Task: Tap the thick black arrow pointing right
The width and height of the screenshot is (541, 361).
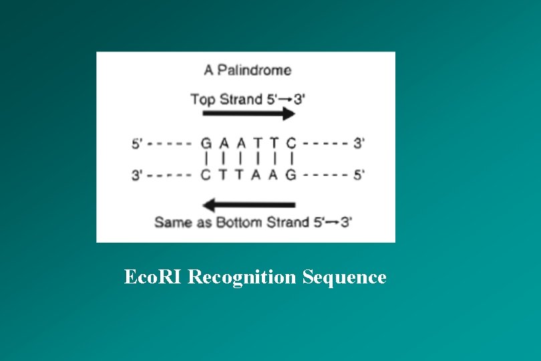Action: (249, 114)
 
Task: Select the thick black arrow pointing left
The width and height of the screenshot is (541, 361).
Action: (249, 205)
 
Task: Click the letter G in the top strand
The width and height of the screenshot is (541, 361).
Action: (206, 143)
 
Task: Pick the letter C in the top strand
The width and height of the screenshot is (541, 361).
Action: (291, 143)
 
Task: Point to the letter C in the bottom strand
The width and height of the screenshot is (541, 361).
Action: (206, 175)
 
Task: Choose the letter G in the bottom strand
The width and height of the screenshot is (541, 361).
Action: (291, 175)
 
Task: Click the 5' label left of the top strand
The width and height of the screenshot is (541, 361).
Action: (137, 143)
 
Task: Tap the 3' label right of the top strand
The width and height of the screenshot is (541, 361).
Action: (359, 143)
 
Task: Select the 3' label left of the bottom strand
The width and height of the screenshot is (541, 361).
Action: (137, 175)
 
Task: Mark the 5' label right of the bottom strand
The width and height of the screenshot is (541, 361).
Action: (359, 175)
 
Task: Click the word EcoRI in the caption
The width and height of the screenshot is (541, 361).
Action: (153, 277)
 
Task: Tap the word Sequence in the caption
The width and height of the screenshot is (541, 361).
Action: (344, 277)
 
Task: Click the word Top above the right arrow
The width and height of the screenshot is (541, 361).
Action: (203, 100)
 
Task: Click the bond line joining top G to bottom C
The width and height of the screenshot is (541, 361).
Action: (206, 159)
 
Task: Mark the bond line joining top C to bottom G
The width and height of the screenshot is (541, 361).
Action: (292, 159)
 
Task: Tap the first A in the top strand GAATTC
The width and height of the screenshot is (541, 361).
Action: (224, 143)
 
